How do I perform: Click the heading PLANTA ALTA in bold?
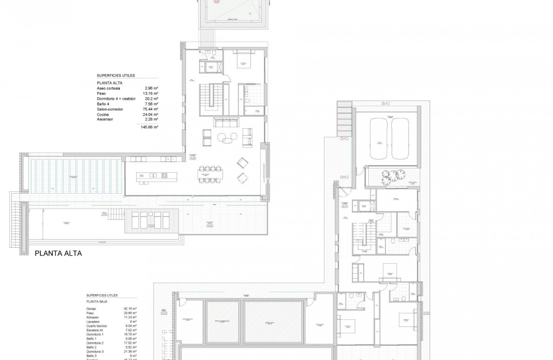(58, 254)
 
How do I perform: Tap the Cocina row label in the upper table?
(103, 114)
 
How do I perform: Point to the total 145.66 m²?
(150, 126)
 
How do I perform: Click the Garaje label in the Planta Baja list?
(92, 308)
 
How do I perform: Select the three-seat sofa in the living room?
(226, 122)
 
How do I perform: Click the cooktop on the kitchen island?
(164, 175)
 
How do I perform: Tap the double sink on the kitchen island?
(153, 175)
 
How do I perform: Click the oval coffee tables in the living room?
(226, 137)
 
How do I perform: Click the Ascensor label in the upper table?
(105, 119)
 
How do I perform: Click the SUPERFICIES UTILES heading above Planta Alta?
(116, 75)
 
